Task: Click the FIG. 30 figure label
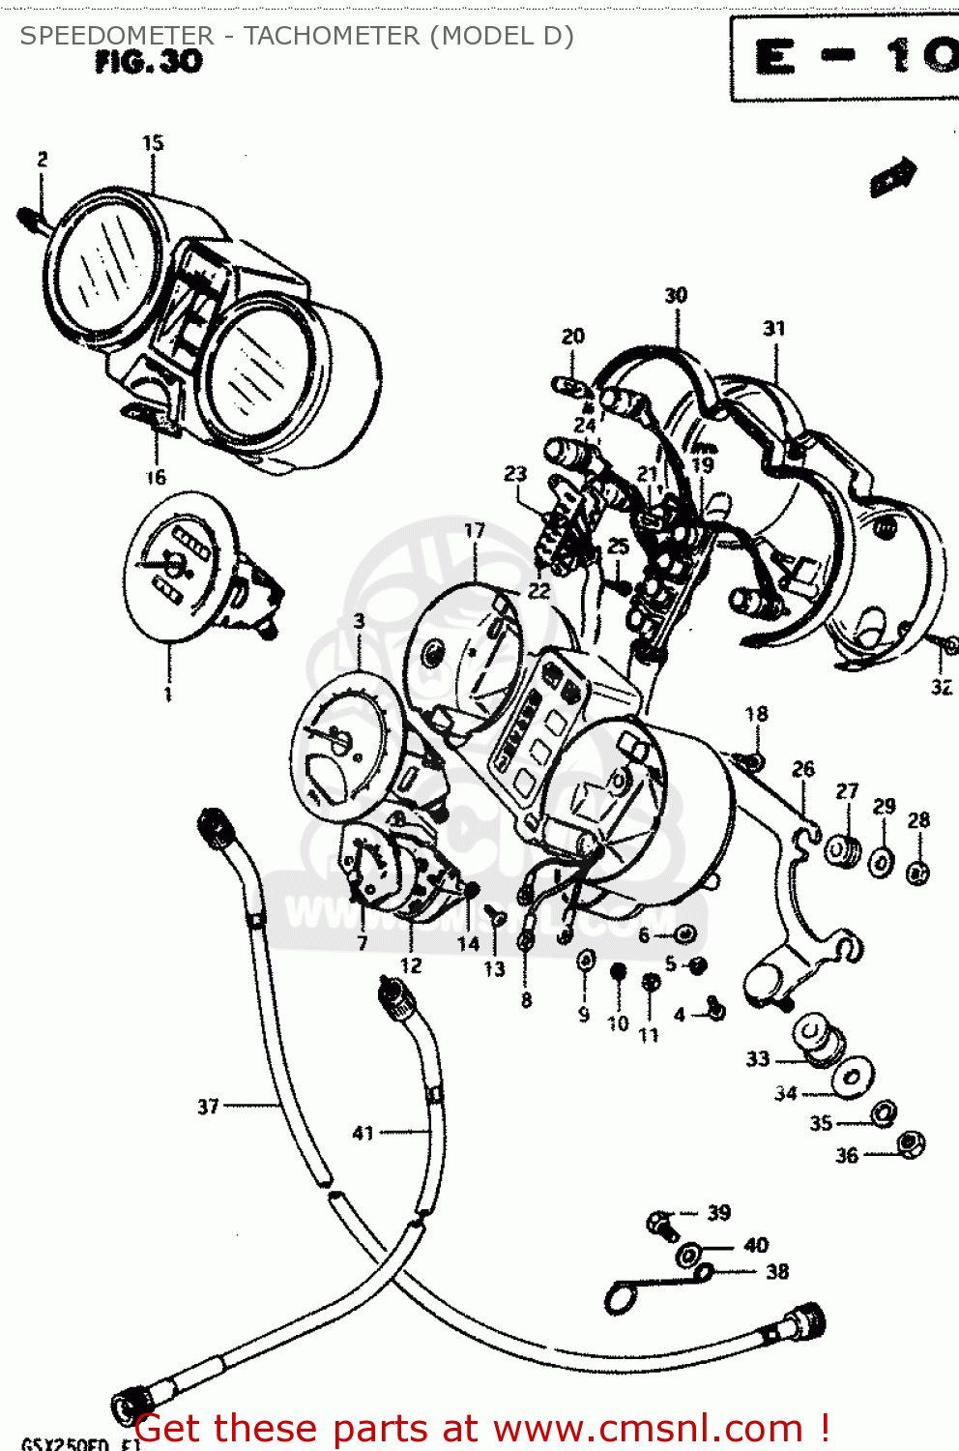tap(149, 62)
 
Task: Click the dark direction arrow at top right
tap(893, 177)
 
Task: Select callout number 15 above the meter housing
tap(153, 143)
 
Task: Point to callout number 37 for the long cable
tap(208, 1106)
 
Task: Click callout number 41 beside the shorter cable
tap(363, 1133)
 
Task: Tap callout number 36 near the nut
tap(847, 1155)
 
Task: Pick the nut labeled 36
tap(910, 1144)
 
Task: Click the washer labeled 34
tap(854, 1077)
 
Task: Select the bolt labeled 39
tap(663, 1225)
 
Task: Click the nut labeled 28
tap(917, 873)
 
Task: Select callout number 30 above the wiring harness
tap(676, 295)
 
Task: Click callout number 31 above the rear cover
tap(774, 328)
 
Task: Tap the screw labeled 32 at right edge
tap(946, 645)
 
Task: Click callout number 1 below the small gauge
tap(168, 694)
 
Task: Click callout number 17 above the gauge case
tap(474, 530)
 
